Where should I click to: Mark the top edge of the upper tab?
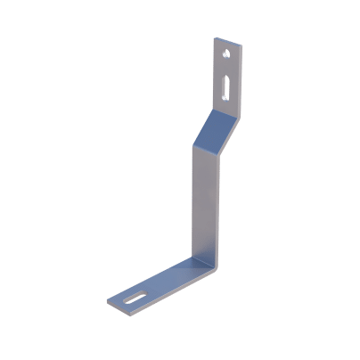click(x=227, y=38)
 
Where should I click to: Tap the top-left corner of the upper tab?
click(x=216, y=37)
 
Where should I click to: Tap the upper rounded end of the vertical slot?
click(x=223, y=78)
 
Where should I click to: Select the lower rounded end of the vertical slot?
click(x=221, y=99)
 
